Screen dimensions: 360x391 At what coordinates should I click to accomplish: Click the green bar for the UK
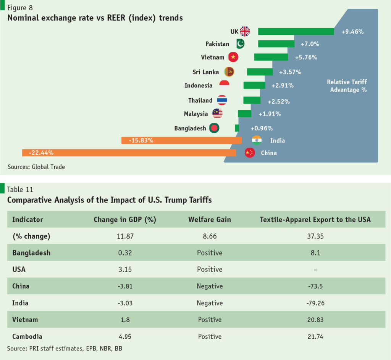[296, 31]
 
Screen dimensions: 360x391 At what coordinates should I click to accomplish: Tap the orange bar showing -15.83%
[181, 140]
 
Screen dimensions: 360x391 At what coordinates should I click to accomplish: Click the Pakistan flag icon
[241, 44]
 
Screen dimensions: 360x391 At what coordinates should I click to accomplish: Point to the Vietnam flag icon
[233, 57]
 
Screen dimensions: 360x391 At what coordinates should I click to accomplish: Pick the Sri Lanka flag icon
[229, 72]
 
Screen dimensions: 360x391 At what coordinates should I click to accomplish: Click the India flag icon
[257, 140]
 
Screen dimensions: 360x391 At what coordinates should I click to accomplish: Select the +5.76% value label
[306, 57]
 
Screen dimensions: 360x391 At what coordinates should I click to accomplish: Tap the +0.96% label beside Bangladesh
[262, 128]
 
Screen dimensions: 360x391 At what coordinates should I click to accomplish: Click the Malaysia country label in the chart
[195, 114]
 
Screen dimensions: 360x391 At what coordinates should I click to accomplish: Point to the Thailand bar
[252, 100]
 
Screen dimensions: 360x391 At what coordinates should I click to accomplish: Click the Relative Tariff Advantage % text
[347, 86]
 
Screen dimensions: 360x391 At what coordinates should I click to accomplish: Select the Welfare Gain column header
[210, 219]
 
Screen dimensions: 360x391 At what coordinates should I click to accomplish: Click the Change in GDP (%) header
[125, 219]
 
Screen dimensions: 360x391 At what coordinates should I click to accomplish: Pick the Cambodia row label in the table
[27, 336]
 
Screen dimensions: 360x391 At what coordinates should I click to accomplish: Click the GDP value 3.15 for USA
[125, 269]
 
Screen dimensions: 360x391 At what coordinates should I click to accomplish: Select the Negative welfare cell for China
[210, 286]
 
